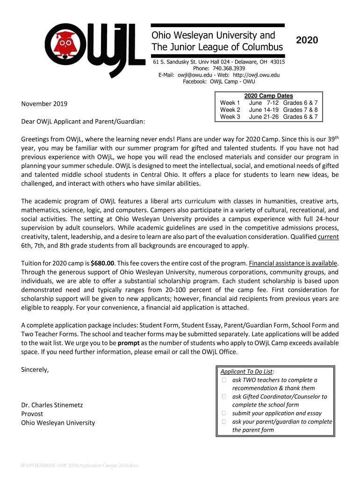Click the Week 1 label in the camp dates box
[x=230, y=103]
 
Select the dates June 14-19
[x=264, y=110]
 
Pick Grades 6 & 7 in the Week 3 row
[x=300, y=117]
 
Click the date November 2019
[x=44, y=104]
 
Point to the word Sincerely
[x=35, y=370]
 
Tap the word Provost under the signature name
[x=32, y=414]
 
